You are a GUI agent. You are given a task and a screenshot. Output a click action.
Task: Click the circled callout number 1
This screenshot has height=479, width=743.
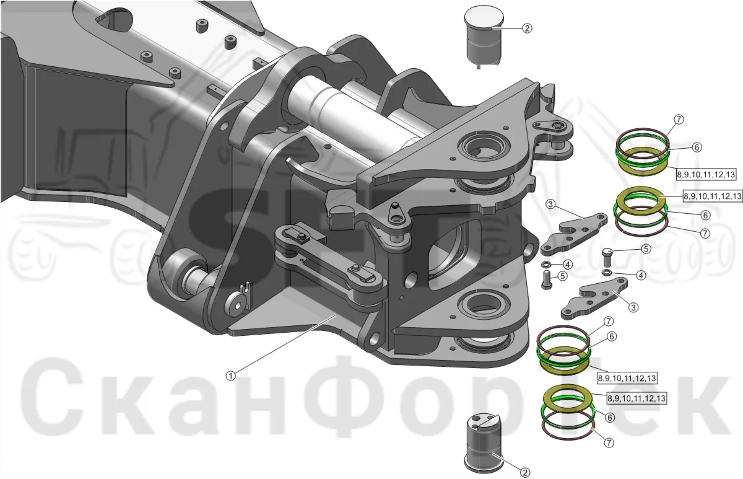(230, 376)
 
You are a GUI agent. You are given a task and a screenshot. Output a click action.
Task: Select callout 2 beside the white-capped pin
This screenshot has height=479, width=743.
(527, 29)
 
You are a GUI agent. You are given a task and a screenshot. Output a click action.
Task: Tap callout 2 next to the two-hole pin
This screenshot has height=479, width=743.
(525, 472)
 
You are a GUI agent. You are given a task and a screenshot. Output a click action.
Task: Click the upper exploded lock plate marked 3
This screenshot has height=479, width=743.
(575, 234)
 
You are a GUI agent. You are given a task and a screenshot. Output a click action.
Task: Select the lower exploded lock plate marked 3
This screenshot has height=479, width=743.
(594, 298)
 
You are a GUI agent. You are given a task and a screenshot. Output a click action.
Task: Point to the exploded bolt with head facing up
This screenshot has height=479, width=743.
(607, 257)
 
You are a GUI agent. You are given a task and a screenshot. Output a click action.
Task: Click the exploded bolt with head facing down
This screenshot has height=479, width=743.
(547, 279)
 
